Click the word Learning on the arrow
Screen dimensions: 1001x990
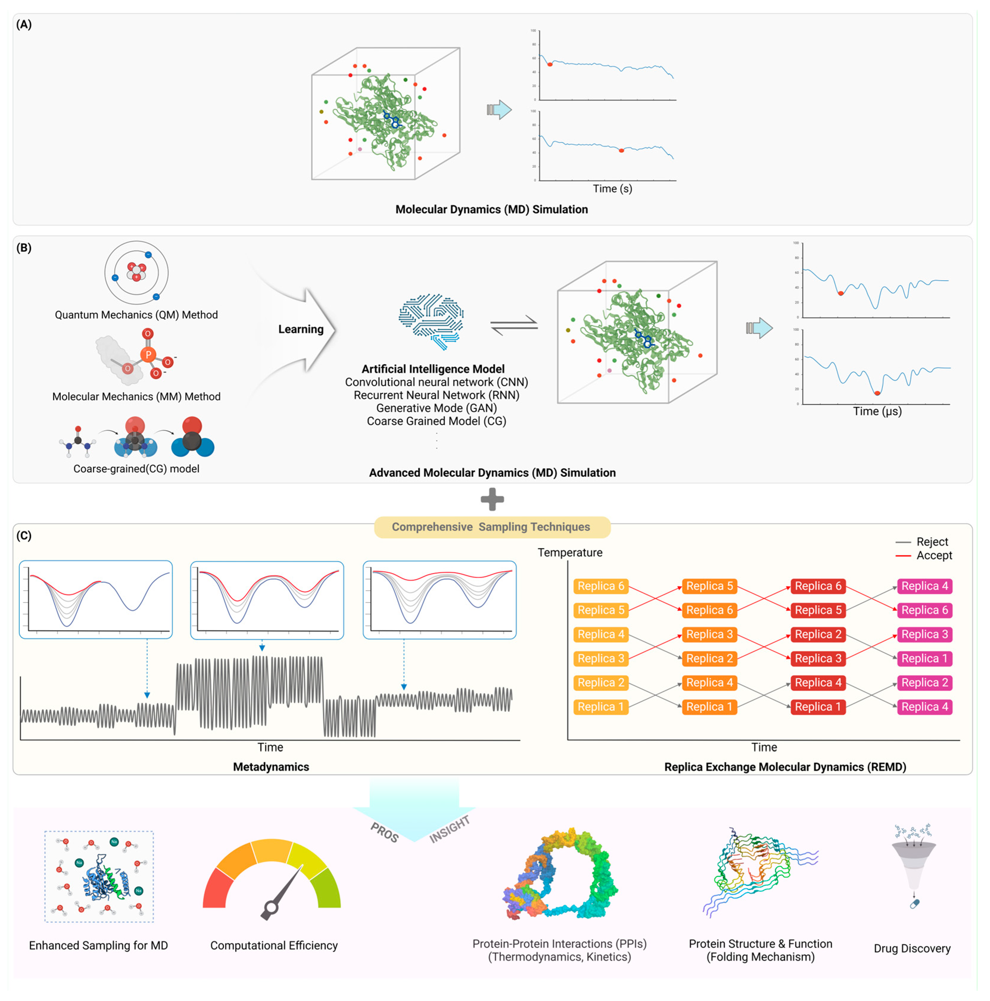point(301,329)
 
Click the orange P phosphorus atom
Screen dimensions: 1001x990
point(148,354)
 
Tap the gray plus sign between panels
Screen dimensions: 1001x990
point(492,500)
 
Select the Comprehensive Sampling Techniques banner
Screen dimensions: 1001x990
point(491,527)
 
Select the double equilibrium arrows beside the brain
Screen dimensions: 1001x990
point(514,325)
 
